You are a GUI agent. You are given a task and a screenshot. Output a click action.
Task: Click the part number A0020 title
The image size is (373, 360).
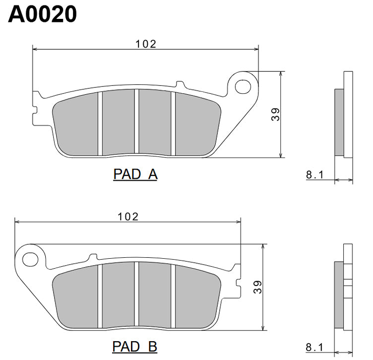[43, 14]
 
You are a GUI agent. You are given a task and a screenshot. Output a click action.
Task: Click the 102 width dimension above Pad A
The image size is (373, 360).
[146, 44]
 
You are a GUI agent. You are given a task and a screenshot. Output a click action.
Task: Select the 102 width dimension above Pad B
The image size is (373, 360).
[128, 216]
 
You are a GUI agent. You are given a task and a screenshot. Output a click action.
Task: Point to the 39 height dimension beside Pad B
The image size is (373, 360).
[257, 287]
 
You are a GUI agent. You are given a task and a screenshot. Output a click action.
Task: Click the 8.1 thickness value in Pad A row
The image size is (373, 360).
[314, 174]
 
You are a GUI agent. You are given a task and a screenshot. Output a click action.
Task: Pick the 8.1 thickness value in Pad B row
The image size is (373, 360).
[314, 346]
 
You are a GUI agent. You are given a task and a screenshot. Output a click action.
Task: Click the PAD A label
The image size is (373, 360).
[135, 174]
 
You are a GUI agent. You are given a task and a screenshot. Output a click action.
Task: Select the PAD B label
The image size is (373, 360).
[135, 346]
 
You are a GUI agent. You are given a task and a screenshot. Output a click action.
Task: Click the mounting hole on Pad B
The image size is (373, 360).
[31, 259]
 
